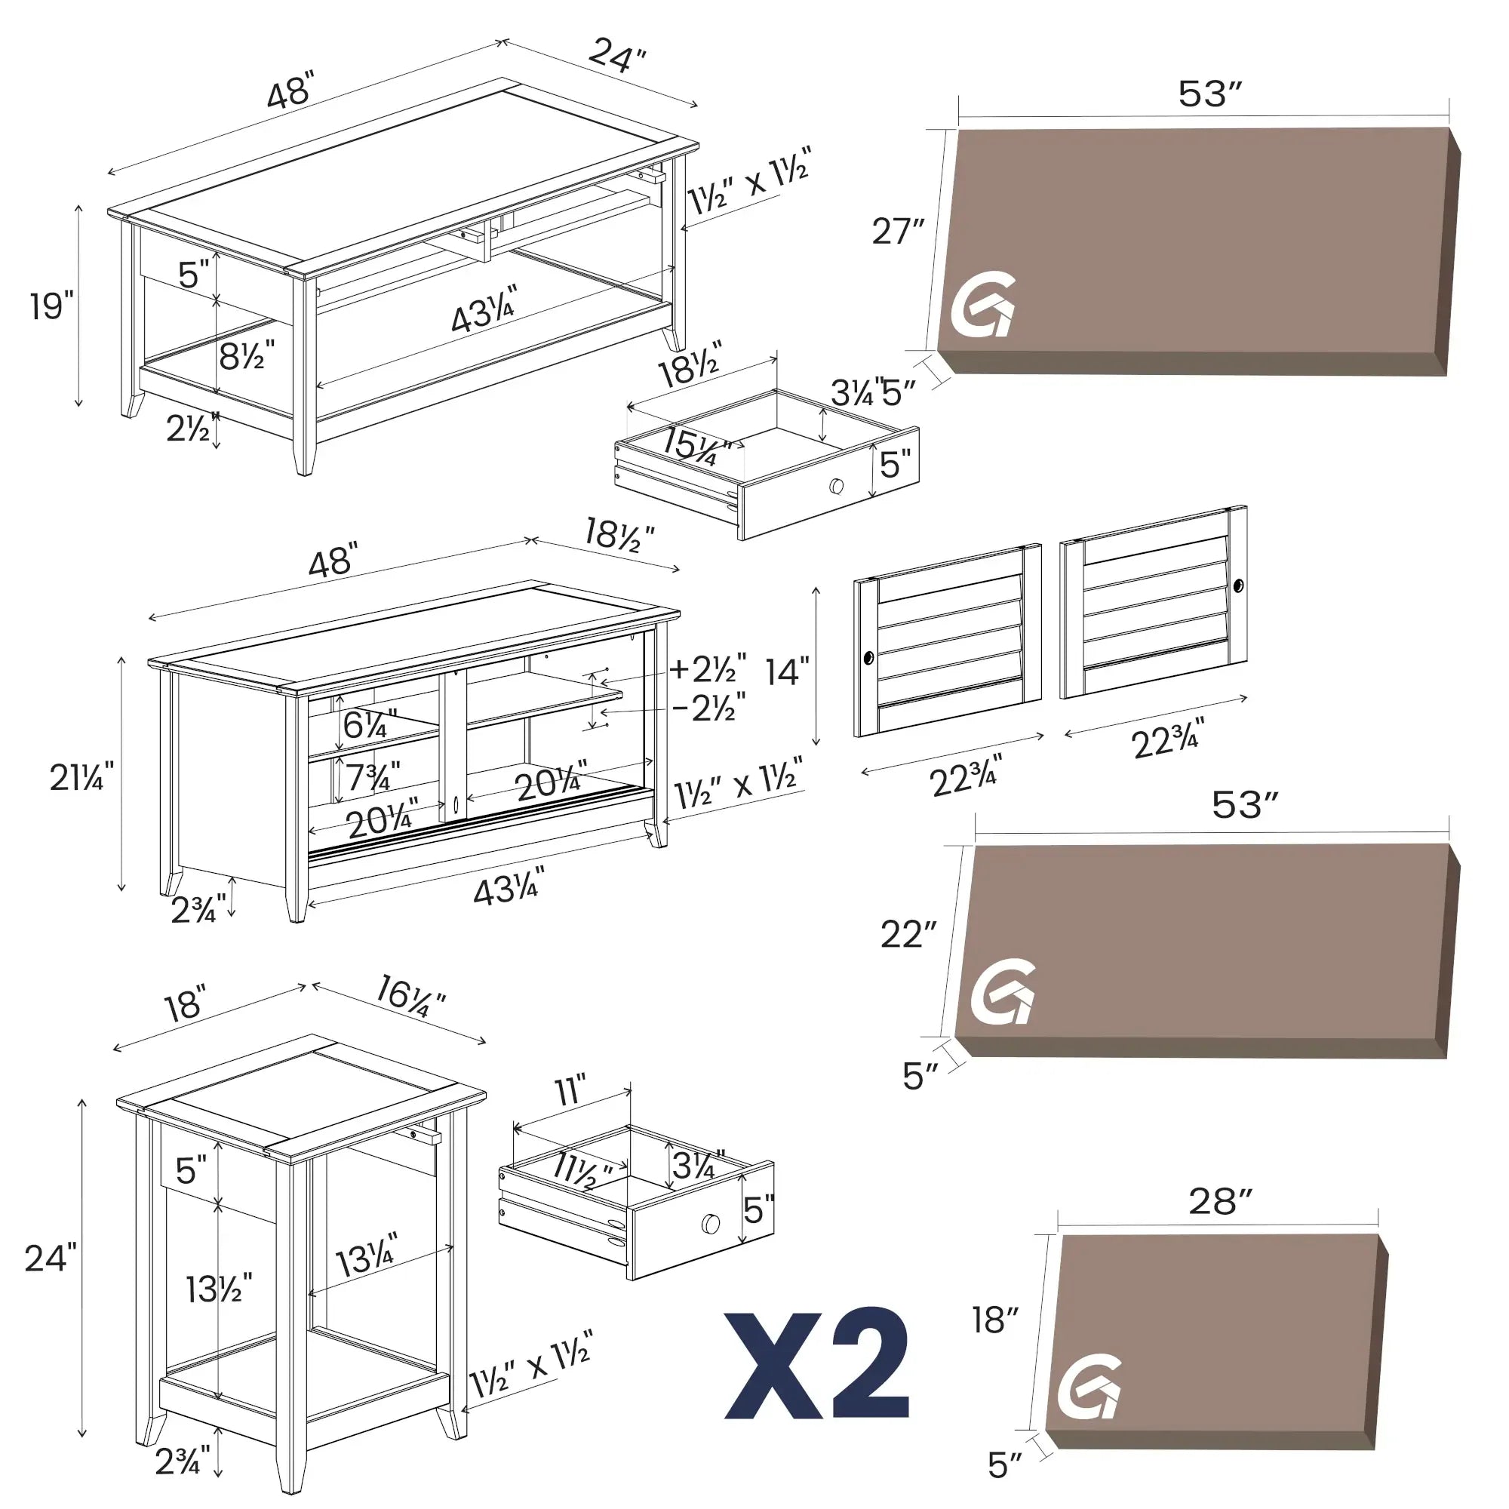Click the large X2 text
click(817, 1363)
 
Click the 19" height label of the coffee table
click(51, 306)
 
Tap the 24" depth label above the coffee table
click(617, 55)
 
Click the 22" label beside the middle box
click(908, 935)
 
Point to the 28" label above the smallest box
click(1220, 1202)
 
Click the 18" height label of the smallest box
click(995, 1320)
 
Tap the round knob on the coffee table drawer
click(837, 486)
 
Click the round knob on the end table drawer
click(710, 1224)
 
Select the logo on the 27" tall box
click(982, 306)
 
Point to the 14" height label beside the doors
click(786, 672)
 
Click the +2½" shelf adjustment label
click(708, 669)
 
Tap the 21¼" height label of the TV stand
click(81, 778)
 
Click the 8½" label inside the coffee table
click(246, 357)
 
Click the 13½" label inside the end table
click(219, 1289)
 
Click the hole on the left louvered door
click(868, 659)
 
